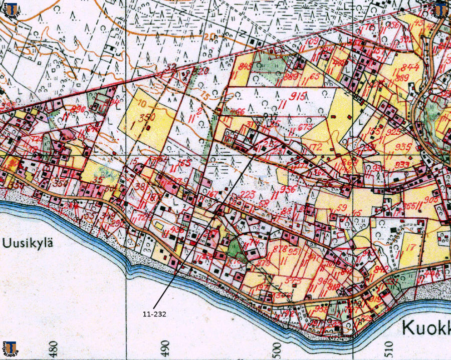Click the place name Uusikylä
click(x=28, y=243)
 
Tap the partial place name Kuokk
click(x=426, y=328)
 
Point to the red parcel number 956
click(x=288, y=189)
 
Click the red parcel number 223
click(x=248, y=194)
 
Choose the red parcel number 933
click(x=402, y=165)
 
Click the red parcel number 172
click(x=315, y=147)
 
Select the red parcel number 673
click(x=305, y=128)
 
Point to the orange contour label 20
click(x=209, y=36)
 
